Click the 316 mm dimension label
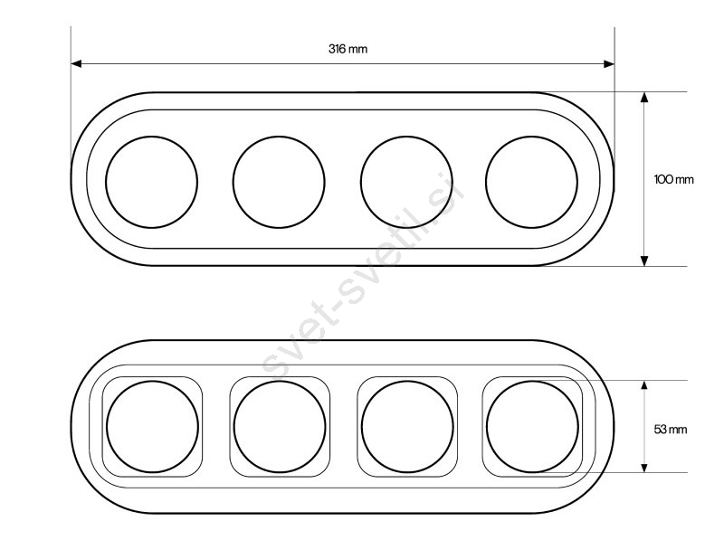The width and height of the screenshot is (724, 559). [x=348, y=49]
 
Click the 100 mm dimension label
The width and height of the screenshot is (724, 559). [x=673, y=180]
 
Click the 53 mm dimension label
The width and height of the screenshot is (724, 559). [x=670, y=430]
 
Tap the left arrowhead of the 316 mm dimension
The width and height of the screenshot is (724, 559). [x=77, y=63]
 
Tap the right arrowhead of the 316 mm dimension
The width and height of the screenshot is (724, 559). [x=609, y=63]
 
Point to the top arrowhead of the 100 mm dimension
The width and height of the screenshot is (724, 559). [x=644, y=97]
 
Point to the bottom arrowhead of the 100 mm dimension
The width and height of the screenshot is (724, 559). [x=644, y=261]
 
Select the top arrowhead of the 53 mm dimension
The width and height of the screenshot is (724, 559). [x=644, y=386]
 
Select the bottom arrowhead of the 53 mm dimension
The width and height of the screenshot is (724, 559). [x=644, y=467]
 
